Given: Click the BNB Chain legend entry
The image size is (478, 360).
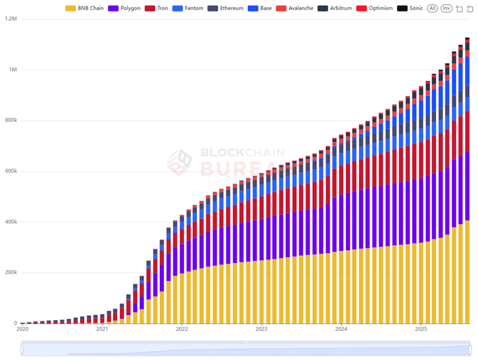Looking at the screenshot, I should click(x=85, y=9).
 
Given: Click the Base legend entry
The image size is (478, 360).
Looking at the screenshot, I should click(x=261, y=9).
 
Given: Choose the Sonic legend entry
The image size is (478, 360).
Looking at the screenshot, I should click(x=411, y=9).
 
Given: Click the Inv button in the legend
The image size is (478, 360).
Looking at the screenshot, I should click(x=446, y=9).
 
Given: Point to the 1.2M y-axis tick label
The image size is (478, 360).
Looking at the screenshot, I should click(x=11, y=19).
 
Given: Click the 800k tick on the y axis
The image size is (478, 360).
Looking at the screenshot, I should click(x=11, y=121).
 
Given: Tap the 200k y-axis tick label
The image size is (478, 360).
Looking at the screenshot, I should click(x=11, y=273).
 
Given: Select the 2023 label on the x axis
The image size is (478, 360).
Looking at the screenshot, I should click(x=262, y=329).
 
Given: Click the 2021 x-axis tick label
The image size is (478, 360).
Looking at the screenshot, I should click(x=102, y=329).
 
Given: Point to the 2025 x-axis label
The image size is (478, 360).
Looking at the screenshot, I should click(x=421, y=329).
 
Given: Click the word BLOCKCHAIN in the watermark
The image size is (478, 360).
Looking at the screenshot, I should click(x=242, y=153).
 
